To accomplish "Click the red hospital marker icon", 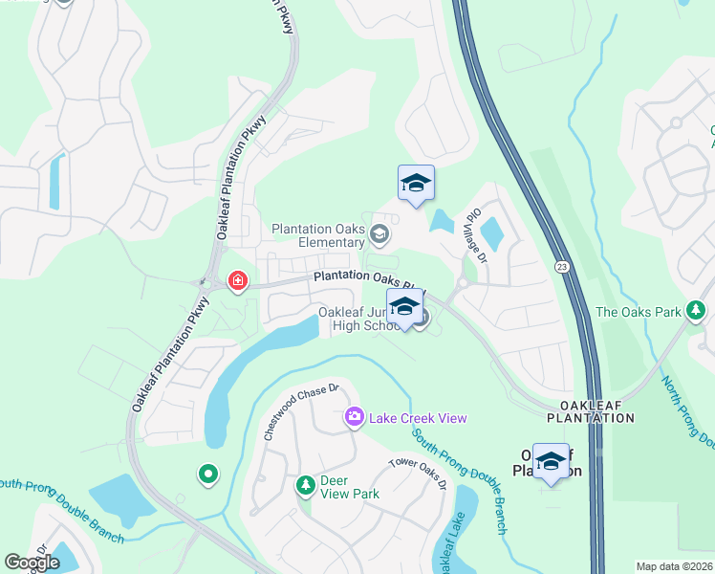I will (236, 281).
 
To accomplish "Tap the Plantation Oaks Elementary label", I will (318, 235).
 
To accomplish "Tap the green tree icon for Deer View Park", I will (305, 486).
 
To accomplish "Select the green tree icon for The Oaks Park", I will (697, 310).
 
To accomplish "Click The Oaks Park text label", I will (638, 311).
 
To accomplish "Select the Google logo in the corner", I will (32, 562).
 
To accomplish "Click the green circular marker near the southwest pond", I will (206, 473).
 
